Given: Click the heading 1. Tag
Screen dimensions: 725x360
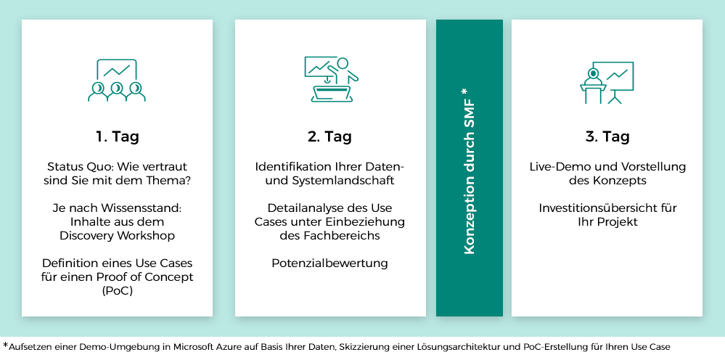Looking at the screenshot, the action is point(118,137).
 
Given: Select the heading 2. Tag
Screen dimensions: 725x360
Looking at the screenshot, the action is point(329,136).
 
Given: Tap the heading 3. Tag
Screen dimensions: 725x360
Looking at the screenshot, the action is point(607,136).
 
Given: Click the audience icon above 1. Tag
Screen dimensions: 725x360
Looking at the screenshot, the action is point(117,80).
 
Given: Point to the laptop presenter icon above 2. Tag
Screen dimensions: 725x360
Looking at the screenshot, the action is point(331,79).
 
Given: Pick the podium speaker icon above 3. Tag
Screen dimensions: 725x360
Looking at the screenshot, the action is point(607,82).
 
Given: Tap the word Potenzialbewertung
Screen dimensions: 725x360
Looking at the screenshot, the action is point(329,263).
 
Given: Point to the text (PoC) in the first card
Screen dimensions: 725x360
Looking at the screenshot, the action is point(117,292).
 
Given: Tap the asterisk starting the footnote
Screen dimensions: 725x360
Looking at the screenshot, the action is point(6,345).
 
